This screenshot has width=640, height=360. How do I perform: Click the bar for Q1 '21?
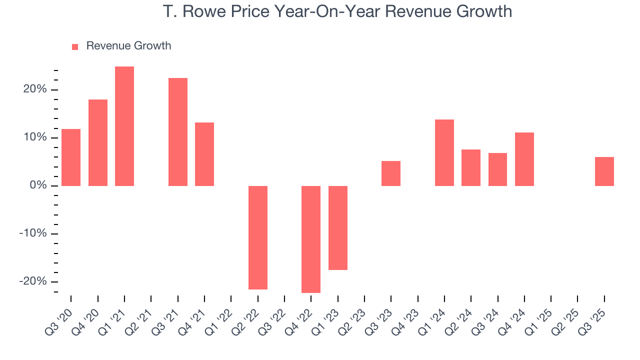(124, 126)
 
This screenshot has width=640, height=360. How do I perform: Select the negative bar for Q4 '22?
(311, 239)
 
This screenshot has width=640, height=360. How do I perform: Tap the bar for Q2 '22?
(258, 237)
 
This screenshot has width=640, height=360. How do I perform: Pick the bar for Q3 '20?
(71, 157)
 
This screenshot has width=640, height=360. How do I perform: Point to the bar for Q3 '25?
(604, 171)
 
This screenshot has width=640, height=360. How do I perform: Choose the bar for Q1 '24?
(444, 152)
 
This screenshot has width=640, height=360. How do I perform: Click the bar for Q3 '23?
(391, 173)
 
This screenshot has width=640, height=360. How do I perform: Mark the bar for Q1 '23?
(338, 228)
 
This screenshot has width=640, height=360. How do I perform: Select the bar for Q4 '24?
(524, 159)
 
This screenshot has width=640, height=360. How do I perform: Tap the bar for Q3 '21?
(178, 132)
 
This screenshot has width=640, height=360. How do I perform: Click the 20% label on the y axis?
(34, 89)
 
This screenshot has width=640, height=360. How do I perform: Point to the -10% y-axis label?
(33, 233)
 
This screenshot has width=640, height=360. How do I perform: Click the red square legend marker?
(75, 46)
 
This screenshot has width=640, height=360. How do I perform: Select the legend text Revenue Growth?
(128, 46)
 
